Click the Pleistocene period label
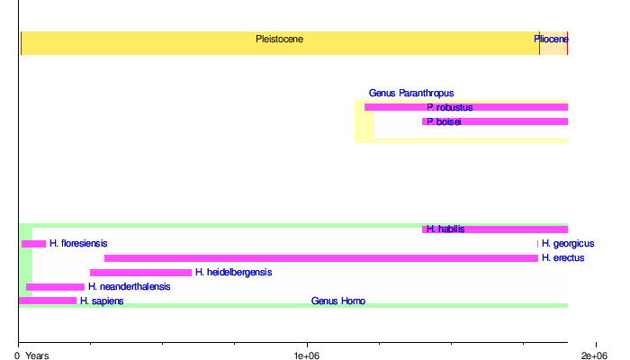(279, 40)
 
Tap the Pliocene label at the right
(550, 40)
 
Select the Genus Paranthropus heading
(410, 93)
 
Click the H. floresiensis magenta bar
(33, 244)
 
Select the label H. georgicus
(567, 244)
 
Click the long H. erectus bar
(320, 258)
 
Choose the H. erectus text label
(562, 258)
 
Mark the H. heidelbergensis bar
(140, 273)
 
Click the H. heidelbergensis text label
(233, 273)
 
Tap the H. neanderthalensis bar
(55, 287)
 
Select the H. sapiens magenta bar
(47, 301)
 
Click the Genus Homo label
(338, 301)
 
